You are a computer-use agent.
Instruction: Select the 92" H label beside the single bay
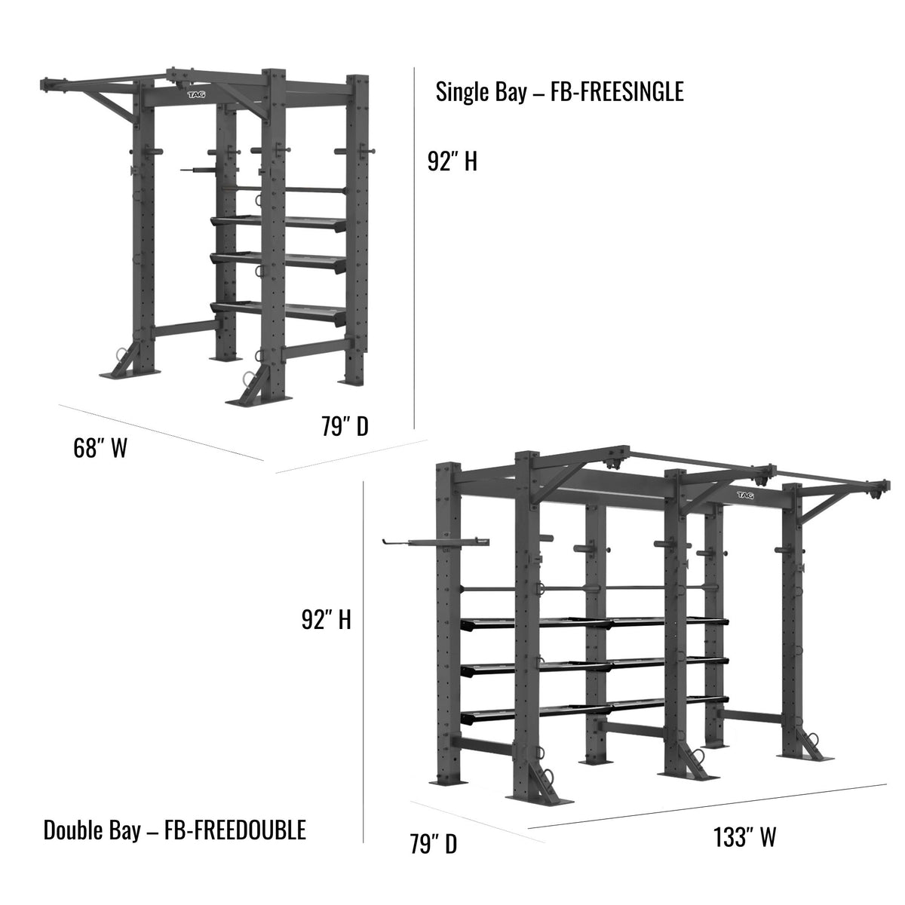[452, 161]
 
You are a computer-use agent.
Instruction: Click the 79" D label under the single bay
[345, 426]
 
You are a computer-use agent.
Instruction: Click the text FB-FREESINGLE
[617, 91]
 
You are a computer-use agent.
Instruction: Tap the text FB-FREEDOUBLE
[235, 830]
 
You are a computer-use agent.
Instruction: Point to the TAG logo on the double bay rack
[745, 495]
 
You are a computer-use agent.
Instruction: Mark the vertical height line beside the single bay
[414, 247]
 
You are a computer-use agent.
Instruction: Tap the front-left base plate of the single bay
[130, 374]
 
